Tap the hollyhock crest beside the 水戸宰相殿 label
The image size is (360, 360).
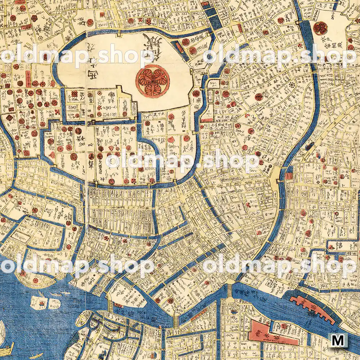320,28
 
